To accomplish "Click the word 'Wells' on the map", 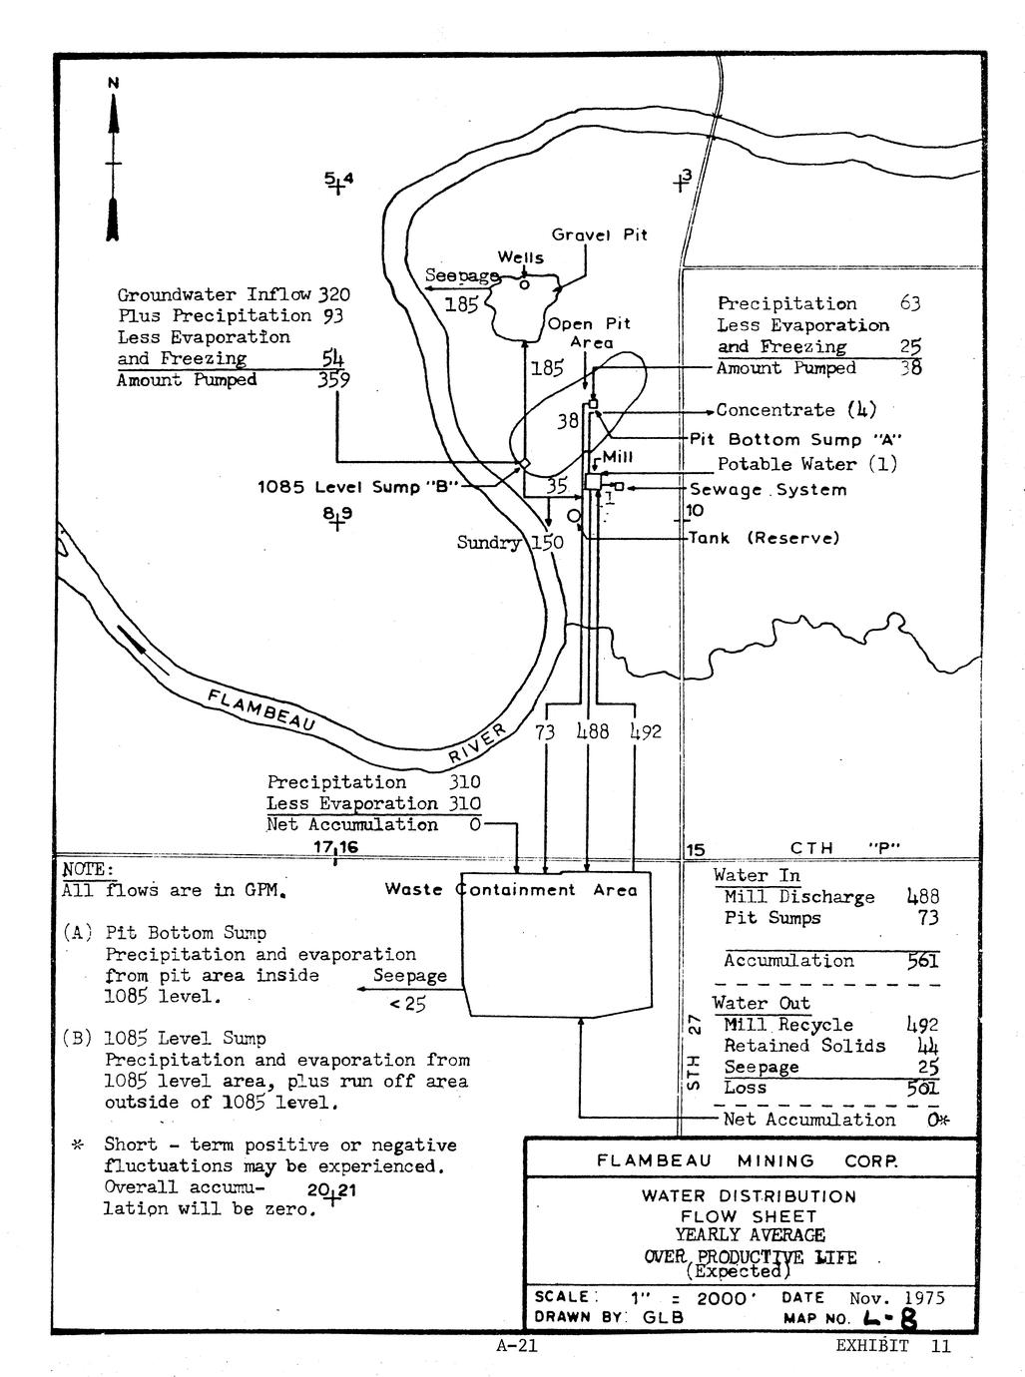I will tap(521, 257).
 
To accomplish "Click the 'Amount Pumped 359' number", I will tap(334, 379).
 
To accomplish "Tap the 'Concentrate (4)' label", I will tap(795, 409).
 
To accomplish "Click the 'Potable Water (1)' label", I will tap(807, 464).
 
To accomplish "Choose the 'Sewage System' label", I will tap(769, 489).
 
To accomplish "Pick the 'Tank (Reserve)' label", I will tap(765, 538).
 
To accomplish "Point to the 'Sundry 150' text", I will tap(510, 542).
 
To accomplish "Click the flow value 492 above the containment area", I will tap(646, 731).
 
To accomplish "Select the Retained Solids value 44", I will tap(928, 1046).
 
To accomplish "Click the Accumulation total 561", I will tap(922, 961).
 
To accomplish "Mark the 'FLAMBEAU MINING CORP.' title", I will tap(747, 1160).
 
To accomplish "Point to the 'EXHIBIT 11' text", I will tap(893, 1346).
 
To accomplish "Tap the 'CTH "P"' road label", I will tap(845, 848).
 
